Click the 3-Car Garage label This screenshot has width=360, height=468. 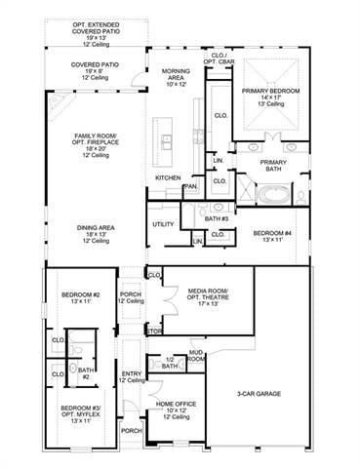(x=258, y=394)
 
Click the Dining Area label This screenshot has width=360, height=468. (x=96, y=231)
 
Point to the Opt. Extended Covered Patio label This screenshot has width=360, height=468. (x=96, y=30)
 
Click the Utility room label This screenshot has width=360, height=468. (x=163, y=224)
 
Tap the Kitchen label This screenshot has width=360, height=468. (x=168, y=177)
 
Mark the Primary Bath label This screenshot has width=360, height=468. (x=274, y=167)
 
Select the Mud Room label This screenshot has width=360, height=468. (x=196, y=357)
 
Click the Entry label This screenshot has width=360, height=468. (x=131, y=376)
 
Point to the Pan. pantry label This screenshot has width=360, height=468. (x=191, y=185)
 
